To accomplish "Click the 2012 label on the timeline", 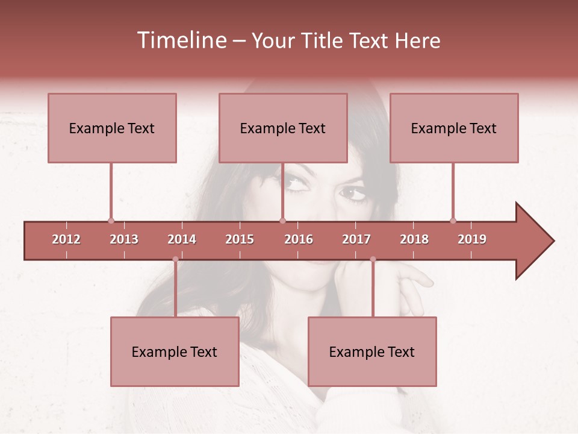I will tap(66, 239).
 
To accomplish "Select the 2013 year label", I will tap(124, 239).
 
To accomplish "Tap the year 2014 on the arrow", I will tap(182, 239).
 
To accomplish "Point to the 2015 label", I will tap(240, 239).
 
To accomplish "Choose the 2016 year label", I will tap(299, 239).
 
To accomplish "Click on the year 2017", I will tap(356, 239).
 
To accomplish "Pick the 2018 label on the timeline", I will tap(414, 239).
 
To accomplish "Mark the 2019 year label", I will tap(472, 239).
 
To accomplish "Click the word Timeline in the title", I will tap(181, 40).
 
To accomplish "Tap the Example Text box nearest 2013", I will tap(112, 128).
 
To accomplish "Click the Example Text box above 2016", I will tap(283, 128).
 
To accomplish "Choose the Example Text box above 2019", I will tap(454, 128).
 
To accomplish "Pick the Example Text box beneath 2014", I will tap(175, 351).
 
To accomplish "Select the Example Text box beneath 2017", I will tap(372, 351).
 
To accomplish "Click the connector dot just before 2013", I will tap(111, 221).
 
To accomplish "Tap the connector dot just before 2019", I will tap(453, 221).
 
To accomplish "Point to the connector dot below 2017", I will tap(373, 259).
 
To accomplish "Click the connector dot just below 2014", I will tap(175, 259).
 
